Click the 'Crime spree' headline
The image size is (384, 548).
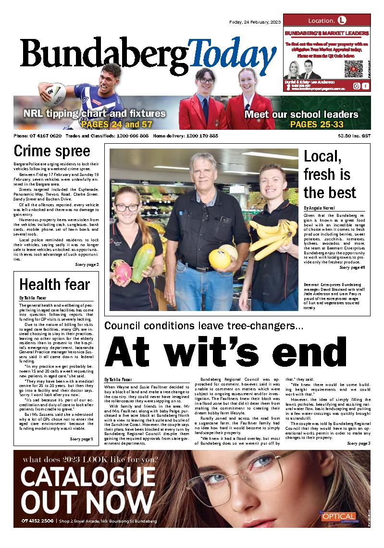click(52, 151)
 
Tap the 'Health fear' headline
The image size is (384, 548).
click(54, 285)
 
